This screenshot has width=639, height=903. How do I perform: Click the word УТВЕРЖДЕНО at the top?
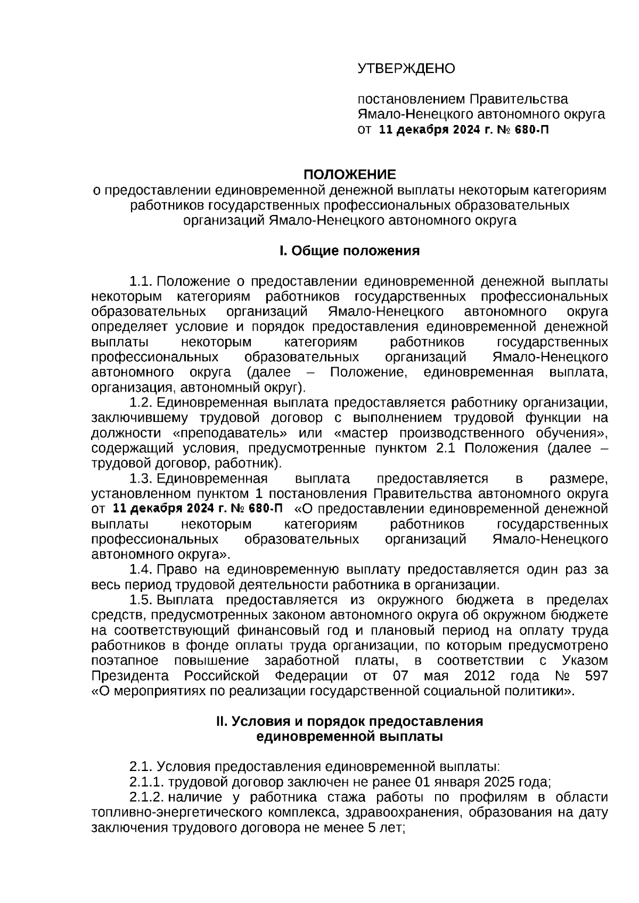(x=406, y=68)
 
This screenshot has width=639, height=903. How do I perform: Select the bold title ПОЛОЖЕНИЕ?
(x=350, y=175)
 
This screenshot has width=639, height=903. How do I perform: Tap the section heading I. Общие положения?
(x=350, y=251)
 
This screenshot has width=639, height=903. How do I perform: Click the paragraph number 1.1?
(x=141, y=281)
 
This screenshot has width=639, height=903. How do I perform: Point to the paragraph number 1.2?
(x=141, y=402)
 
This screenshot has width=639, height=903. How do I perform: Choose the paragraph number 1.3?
(x=141, y=478)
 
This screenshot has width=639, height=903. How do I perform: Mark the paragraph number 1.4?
(x=141, y=569)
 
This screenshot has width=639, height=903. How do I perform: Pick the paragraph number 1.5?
(x=141, y=600)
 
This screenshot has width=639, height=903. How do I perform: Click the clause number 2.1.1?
(x=147, y=782)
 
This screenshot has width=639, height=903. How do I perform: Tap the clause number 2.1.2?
(x=147, y=797)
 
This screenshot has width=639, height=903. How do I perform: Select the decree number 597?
(x=596, y=676)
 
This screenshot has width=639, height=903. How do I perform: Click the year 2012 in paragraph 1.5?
(x=479, y=676)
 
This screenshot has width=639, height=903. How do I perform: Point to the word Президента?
(x=130, y=676)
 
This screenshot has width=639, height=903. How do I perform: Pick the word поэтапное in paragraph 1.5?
(x=125, y=661)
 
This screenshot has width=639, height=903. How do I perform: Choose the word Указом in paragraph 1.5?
(x=585, y=661)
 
